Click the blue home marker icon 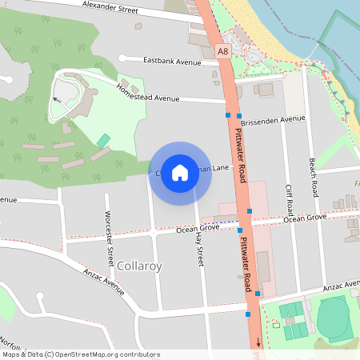coord(180,173)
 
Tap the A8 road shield coord(224,50)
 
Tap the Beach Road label coord(314,178)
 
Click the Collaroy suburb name coord(139,265)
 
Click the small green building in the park coord(103,140)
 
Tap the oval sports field coord(334,318)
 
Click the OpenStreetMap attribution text coord(82,354)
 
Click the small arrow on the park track coord(55,100)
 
